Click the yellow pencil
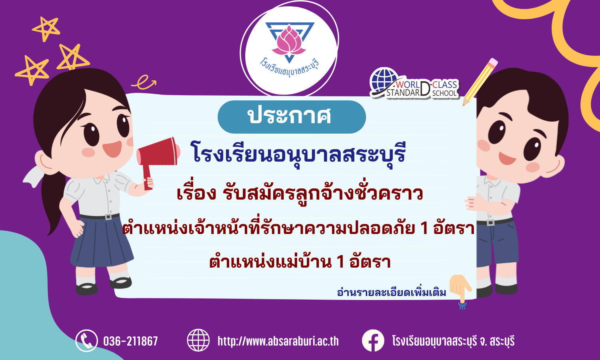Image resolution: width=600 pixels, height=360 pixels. tap(480, 82)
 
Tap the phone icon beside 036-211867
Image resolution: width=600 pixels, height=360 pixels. tap(86, 340)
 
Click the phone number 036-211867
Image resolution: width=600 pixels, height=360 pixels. tap(130, 341)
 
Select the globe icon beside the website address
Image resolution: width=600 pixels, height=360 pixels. tap(198, 340)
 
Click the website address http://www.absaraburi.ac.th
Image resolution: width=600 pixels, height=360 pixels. tap(278, 341)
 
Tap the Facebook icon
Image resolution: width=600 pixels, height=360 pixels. tap(373, 340)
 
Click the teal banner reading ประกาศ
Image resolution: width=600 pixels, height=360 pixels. tap(292, 117)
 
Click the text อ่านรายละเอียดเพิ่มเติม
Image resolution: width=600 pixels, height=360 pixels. tap(391, 292)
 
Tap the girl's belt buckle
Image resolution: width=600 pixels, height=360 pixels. tap(108, 216)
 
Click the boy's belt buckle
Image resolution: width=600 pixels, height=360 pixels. tap(490, 222)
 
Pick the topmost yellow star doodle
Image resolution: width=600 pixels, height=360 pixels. tap(46, 29)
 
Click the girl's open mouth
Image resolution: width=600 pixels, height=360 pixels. tap(112, 149)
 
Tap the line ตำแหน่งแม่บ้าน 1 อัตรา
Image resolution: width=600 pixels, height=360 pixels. tap(300, 262)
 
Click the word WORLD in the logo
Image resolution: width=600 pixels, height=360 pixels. tap(408, 85)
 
